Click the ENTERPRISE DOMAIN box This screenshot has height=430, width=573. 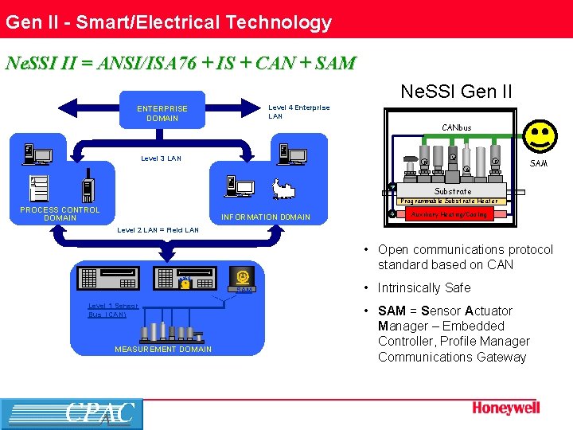pos(162,114)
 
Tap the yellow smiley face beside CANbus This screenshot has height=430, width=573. pos(541,138)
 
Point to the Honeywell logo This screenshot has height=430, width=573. pos(506,408)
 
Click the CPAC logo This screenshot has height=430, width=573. pos(72,414)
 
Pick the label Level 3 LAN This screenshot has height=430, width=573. pos(161,158)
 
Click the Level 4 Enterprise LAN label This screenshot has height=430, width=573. pos(298,111)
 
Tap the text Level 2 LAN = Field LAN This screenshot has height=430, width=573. pos(158,230)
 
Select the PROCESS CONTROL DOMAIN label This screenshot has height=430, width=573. pos(60,213)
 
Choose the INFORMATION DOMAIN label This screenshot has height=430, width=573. pos(266,217)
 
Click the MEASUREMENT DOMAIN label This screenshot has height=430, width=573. pos(163,349)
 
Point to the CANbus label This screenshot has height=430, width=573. pos(457,127)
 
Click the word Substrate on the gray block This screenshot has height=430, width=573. pos(453,191)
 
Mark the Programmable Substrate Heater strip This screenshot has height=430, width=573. pos(449,201)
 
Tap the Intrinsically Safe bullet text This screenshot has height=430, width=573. pos(424,287)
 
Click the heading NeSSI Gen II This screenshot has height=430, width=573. pos(456,91)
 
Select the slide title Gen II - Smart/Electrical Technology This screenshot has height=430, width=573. pos(169,22)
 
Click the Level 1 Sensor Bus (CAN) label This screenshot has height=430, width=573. pos(113,310)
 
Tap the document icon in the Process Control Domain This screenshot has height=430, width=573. pos(39,189)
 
